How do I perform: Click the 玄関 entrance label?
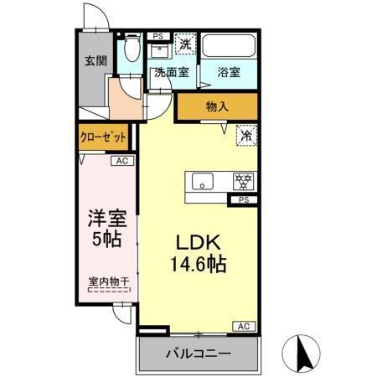[94, 61]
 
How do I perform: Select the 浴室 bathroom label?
[229, 73]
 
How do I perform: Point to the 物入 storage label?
[216, 106]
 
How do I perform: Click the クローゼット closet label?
[104, 137]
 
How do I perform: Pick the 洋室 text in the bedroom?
[107, 219]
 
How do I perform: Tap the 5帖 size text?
[107, 240]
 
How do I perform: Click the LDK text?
[198, 242]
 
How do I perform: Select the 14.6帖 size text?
[198, 264]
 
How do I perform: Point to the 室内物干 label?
[107, 282]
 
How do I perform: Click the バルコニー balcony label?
[198, 354]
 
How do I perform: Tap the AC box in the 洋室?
[121, 161]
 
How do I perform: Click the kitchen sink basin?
[204, 181]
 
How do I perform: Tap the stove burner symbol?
[243, 181]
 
